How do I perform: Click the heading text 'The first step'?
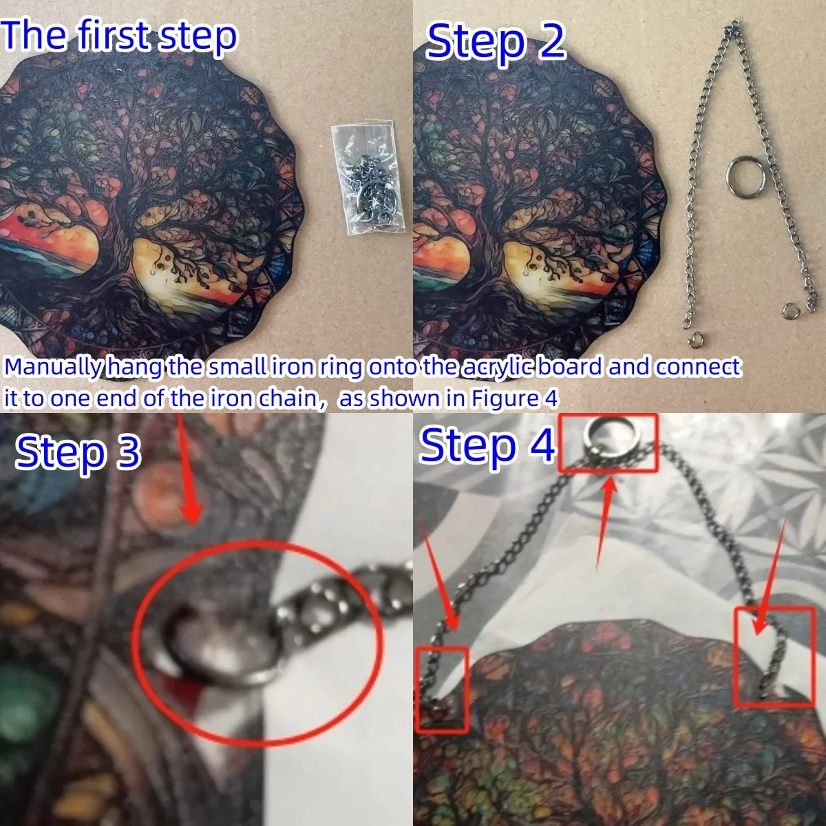coord(119,36)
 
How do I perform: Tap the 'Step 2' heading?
coord(495,43)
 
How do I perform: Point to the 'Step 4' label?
coord(487,446)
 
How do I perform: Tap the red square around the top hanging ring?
coord(607,443)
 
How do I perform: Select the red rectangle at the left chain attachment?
coord(442,688)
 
